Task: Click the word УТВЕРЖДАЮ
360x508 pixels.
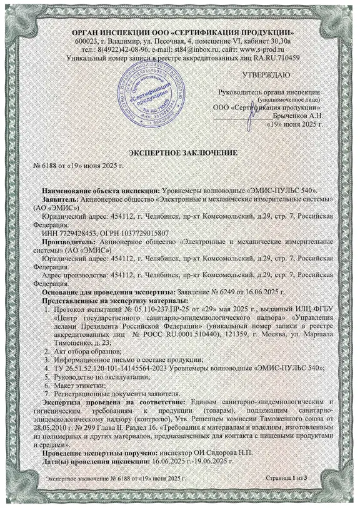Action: click(x=265, y=75)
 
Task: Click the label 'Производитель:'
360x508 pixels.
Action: click(x=69, y=239)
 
